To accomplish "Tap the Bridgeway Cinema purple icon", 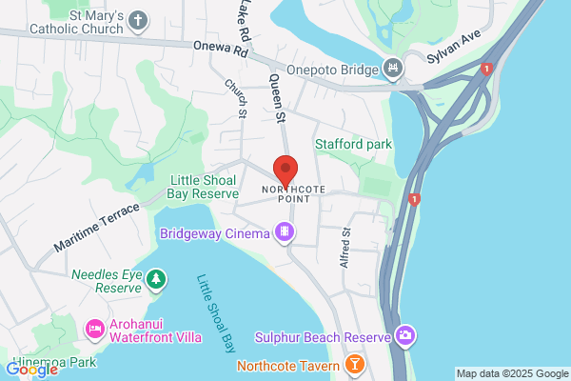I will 283,231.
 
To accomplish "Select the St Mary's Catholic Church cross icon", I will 138,20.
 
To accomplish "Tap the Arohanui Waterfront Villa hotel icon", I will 95,330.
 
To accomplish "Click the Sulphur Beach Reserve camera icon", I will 406,336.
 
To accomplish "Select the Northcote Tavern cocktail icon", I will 354,365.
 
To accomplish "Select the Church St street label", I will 236,99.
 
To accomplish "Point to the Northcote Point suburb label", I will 294,193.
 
